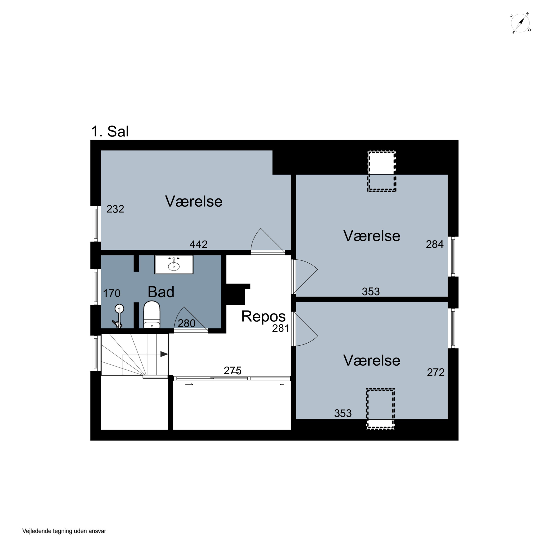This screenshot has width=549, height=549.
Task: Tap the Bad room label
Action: point(161,292)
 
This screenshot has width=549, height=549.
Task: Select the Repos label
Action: point(263,317)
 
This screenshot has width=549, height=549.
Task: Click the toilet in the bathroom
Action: point(152,315)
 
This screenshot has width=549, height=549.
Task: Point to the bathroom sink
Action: point(174,265)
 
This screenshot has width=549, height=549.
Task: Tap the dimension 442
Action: point(199,244)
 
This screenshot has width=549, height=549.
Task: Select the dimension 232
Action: point(115,209)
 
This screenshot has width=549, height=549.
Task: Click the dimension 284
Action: point(434,244)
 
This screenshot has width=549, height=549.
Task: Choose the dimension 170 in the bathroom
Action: point(112,293)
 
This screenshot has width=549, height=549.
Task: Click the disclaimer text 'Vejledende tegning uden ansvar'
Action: point(64,531)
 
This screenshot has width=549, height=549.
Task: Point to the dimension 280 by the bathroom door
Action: point(186,323)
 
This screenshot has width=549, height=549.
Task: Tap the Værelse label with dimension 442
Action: point(194,201)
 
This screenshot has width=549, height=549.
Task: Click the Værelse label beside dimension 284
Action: point(372,236)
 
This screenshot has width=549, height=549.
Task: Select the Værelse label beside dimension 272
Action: point(372,361)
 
